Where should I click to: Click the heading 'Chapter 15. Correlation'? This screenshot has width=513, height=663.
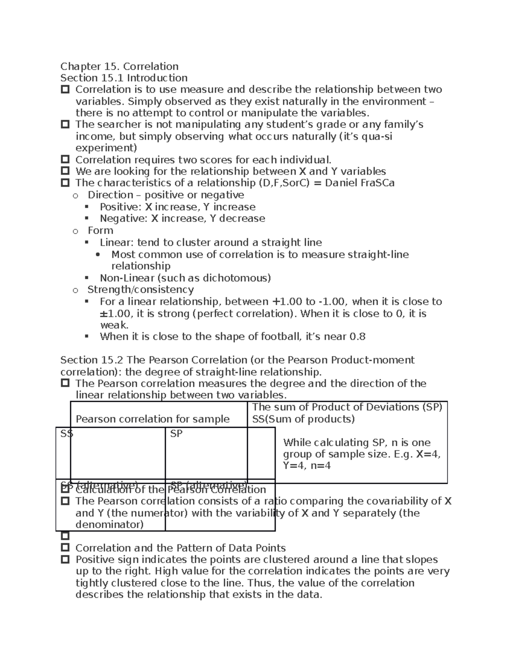(x=119, y=66)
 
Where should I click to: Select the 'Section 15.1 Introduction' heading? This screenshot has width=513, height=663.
(x=124, y=78)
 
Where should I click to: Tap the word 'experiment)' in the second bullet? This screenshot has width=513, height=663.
(x=106, y=148)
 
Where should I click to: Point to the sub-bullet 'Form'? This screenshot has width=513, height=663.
(x=100, y=231)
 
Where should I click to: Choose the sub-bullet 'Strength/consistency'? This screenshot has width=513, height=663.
(x=140, y=289)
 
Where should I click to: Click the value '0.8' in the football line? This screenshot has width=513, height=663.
(x=357, y=336)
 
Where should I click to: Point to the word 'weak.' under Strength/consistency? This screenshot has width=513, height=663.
(x=114, y=325)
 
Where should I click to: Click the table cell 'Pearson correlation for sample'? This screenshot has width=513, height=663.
(x=153, y=419)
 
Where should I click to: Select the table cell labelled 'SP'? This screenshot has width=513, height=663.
(x=176, y=434)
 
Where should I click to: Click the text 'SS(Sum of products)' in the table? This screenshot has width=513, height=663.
(x=303, y=419)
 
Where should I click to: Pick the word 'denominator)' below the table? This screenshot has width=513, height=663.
(x=109, y=524)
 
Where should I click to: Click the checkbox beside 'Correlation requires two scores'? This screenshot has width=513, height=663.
(x=65, y=159)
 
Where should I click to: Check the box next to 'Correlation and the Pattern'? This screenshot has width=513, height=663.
(x=65, y=547)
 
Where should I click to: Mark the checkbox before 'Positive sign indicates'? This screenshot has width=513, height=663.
(x=65, y=559)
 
